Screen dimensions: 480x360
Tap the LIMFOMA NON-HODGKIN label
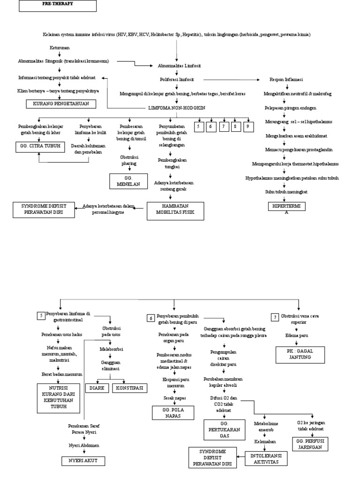pos(177,107)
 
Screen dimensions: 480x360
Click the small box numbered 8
pos(235,127)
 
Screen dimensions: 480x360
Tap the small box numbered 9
pos(248,127)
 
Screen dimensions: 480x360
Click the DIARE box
pos(96,388)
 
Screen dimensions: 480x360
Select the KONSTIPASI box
pos(128,388)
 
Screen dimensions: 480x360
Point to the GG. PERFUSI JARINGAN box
pos(310,444)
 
